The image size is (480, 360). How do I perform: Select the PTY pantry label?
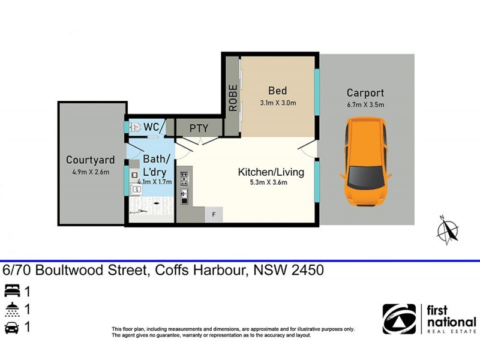pos(199,128)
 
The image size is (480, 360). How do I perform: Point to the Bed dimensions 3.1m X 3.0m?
pos(278,103)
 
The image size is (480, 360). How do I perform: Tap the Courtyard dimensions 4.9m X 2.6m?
pos(90,172)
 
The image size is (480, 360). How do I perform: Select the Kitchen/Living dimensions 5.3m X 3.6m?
pos(271,183)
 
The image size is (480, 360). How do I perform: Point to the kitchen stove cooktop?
pos(184,178)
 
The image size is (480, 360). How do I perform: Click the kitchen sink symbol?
pos(184,195)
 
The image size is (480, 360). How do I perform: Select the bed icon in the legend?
pos(11,292)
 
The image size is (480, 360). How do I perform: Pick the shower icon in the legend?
pos(11,310)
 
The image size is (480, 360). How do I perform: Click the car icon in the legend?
pos(11,328)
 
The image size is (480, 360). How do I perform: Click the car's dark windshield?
pos(364,176)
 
